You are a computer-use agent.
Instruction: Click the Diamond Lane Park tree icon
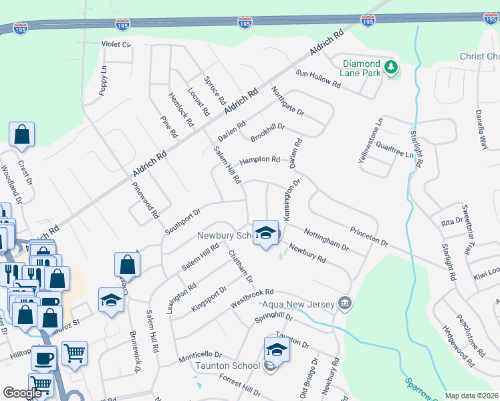coord(391,68)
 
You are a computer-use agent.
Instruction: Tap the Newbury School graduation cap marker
coord(266,233)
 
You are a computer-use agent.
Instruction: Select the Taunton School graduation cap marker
coord(277,350)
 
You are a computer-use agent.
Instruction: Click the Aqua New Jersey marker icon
coord(344,304)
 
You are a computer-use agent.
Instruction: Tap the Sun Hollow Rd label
coord(318,80)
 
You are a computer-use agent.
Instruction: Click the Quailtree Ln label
coord(395,153)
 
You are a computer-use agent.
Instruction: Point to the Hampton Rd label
coord(259,160)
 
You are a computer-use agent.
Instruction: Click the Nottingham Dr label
coord(326,239)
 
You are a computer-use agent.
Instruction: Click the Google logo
coord(22,392)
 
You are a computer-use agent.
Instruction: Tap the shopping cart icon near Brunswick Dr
coord(74,352)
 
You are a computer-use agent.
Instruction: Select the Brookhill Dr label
coord(268,131)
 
